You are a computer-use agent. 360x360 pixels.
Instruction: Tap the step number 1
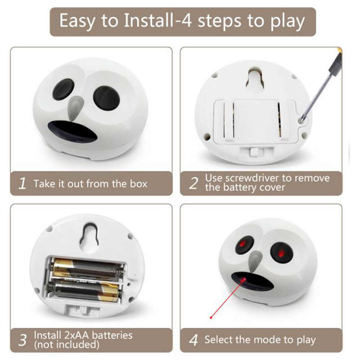tap(22, 183)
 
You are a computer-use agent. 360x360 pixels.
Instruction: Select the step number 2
tap(193, 183)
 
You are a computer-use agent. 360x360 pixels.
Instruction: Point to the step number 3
tap(23, 340)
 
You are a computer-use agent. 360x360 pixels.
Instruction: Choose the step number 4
tap(193, 340)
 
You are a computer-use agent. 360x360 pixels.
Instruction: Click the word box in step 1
tap(139, 184)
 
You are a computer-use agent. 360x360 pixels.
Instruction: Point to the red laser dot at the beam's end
tap(211, 318)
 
